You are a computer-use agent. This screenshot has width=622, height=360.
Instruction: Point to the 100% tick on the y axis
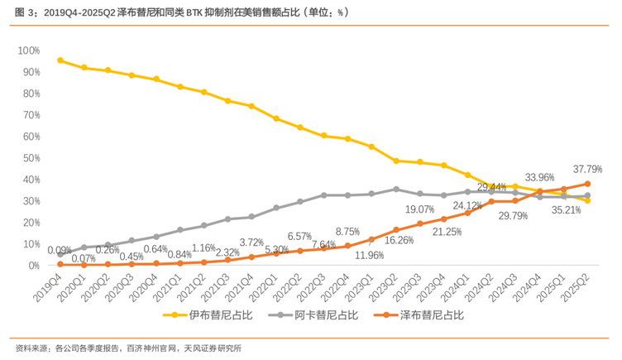coord(28,51)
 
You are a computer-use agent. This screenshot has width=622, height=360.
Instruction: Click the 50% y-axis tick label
coord(31,158)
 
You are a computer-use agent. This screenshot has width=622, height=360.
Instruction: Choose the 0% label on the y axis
coord(34,266)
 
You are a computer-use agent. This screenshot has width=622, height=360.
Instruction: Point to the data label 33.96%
coord(538,177)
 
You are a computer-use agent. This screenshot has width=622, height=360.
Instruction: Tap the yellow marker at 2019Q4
coord(60,60)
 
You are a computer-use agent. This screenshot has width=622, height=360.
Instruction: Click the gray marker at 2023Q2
coord(395,189)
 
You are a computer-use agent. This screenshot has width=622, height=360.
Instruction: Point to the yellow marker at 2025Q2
coord(587,200)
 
